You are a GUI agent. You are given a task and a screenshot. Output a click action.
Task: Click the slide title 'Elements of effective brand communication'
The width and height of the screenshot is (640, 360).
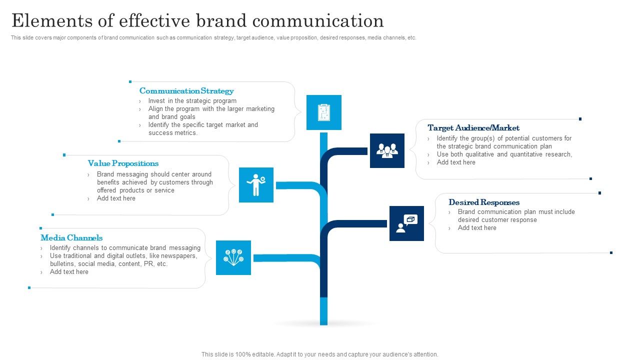click(x=197, y=21)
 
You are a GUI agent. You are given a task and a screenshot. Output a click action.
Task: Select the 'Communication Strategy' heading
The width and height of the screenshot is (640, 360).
click(x=186, y=91)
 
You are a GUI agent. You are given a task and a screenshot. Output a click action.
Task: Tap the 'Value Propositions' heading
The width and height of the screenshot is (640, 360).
click(x=123, y=163)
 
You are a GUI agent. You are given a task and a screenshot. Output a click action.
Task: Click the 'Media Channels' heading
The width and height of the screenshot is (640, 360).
click(x=71, y=238)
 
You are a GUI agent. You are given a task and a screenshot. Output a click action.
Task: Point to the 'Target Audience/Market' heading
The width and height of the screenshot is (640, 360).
click(x=473, y=128)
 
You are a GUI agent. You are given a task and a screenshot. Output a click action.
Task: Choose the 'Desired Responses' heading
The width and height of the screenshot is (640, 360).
click(x=484, y=202)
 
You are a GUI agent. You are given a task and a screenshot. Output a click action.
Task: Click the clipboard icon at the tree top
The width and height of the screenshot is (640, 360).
click(x=323, y=112)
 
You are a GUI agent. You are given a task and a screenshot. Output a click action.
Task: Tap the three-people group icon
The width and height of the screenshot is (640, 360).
click(x=387, y=150)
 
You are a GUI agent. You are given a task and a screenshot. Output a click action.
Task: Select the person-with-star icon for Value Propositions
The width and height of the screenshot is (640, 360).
click(x=256, y=185)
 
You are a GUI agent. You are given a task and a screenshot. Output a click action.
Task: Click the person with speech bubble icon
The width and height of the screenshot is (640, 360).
click(x=406, y=223)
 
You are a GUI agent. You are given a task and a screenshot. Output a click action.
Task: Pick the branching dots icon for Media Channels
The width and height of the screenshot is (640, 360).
click(x=233, y=257)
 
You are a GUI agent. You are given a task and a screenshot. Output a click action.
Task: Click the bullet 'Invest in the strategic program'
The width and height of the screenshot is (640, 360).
click(x=192, y=101)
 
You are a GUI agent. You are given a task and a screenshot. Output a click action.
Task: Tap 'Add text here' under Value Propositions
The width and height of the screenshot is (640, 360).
click(x=116, y=198)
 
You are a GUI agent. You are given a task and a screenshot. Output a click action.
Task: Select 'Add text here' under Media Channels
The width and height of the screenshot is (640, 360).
click(x=69, y=272)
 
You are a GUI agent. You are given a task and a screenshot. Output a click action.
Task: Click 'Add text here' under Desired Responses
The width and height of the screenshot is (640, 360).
click(x=477, y=228)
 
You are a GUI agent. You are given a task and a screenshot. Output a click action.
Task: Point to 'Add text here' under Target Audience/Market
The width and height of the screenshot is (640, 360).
click(x=456, y=162)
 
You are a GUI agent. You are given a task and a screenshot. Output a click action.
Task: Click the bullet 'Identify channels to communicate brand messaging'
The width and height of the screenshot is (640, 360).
click(x=125, y=248)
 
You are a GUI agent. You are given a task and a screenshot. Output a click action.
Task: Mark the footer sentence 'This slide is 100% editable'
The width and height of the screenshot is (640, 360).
click(x=319, y=354)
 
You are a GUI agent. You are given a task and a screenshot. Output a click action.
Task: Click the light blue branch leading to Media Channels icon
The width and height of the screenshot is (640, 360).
click(x=285, y=258)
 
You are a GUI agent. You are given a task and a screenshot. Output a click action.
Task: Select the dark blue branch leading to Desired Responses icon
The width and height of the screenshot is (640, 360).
click(x=355, y=224)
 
